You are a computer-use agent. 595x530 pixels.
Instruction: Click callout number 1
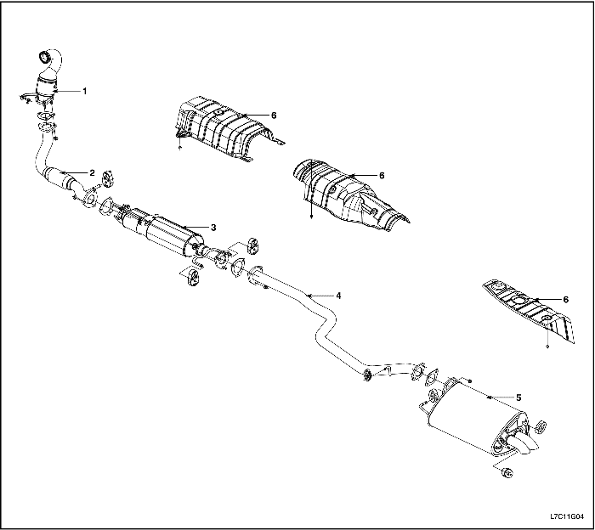click(85, 91)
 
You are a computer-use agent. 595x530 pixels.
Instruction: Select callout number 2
click(92, 173)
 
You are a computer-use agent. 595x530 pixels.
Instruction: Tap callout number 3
click(213, 228)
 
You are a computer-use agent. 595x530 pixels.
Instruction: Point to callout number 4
click(338, 296)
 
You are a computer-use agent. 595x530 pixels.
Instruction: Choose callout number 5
click(518, 397)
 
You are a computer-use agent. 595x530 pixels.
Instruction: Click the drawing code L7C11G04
click(567, 516)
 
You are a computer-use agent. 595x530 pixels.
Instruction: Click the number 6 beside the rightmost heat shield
click(566, 300)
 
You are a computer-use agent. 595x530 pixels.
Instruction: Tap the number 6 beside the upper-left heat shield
click(274, 115)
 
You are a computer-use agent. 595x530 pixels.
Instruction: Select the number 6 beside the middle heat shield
click(382, 176)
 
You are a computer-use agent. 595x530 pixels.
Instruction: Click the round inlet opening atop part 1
click(45, 57)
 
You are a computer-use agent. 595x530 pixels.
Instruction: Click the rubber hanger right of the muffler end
click(541, 426)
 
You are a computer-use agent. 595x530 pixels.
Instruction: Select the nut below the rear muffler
click(507, 473)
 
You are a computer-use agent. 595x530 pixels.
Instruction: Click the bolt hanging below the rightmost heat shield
click(547, 347)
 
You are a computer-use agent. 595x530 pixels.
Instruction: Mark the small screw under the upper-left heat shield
click(180, 147)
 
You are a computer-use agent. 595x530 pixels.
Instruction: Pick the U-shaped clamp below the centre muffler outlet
click(198, 262)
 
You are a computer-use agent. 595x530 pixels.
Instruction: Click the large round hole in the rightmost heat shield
click(518, 301)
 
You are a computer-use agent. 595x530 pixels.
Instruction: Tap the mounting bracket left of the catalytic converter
click(26, 98)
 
